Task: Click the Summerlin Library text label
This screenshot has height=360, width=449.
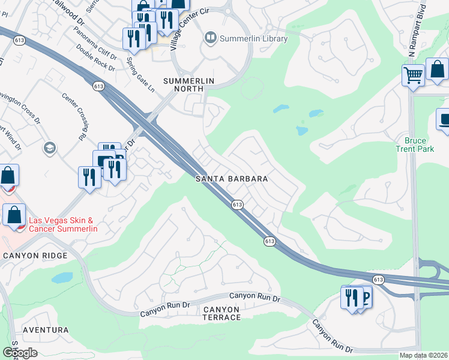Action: pyautogui.click(x=254, y=39)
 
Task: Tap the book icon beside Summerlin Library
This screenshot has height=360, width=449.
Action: pyautogui.click(x=210, y=38)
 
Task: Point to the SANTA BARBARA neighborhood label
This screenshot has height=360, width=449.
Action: pyautogui.click(x=231, y=179)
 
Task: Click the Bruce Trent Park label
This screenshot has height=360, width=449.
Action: pyautogui.click(x=412, y=145)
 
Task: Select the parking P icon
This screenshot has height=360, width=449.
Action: pyautogui.click(x=363, y=296)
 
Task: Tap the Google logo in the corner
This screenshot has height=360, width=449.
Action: pyautogui.click(x=20, y=353)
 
